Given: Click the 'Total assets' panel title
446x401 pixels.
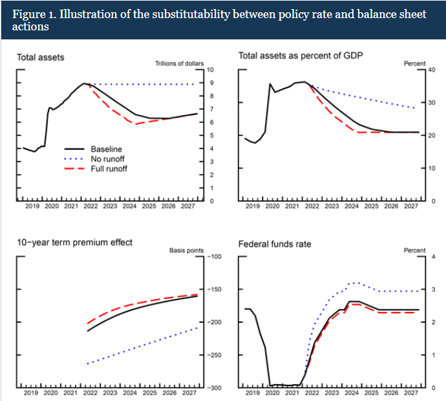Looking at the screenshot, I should (x=40, y=57).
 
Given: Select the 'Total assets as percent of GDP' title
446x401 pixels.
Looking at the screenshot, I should (x=301, y=56).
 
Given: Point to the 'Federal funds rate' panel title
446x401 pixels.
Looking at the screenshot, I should (x=275, y=244).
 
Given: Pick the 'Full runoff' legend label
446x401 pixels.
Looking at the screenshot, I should (x=109, y=169).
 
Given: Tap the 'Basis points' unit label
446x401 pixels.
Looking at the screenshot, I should (x=186, y=250).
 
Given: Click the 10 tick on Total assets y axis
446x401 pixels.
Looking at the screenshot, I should (x=211, y=70).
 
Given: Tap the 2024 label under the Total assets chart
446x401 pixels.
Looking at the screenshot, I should (x=129, y=207).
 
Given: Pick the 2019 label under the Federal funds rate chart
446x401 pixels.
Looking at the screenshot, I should (x=253, y=393).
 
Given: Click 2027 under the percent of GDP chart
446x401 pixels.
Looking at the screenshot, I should (x=410, y=207).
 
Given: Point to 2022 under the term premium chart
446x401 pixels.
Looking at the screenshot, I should (x=90, y=393).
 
